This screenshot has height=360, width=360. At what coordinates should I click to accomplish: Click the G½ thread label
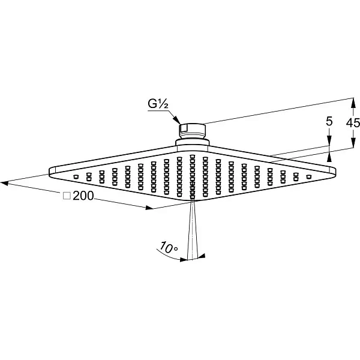(158, 104)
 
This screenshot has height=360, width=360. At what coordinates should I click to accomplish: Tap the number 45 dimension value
(353, 123)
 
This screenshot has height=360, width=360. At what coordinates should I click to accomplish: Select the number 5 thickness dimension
(329, 121)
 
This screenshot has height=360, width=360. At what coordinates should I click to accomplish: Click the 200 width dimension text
(83, 196)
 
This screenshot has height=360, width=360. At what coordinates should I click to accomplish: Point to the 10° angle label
(169, 248)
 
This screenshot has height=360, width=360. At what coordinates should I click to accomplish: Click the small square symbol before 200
(67, 196)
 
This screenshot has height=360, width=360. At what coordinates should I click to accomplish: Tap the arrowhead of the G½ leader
(176, 119)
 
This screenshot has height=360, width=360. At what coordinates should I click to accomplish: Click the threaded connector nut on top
(192, 131)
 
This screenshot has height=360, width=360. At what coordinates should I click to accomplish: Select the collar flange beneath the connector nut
(193, 142)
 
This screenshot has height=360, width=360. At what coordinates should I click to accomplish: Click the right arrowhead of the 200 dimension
(149, 208)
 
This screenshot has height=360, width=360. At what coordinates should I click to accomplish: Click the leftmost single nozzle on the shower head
(76, 177)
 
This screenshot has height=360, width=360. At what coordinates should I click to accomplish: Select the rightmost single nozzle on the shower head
(309, 177)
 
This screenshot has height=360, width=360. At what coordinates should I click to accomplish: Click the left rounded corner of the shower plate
(51, 172)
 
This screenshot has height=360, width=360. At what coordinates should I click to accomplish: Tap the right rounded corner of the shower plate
(334, 172)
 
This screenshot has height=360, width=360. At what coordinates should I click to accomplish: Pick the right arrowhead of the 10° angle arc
(202, 256)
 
